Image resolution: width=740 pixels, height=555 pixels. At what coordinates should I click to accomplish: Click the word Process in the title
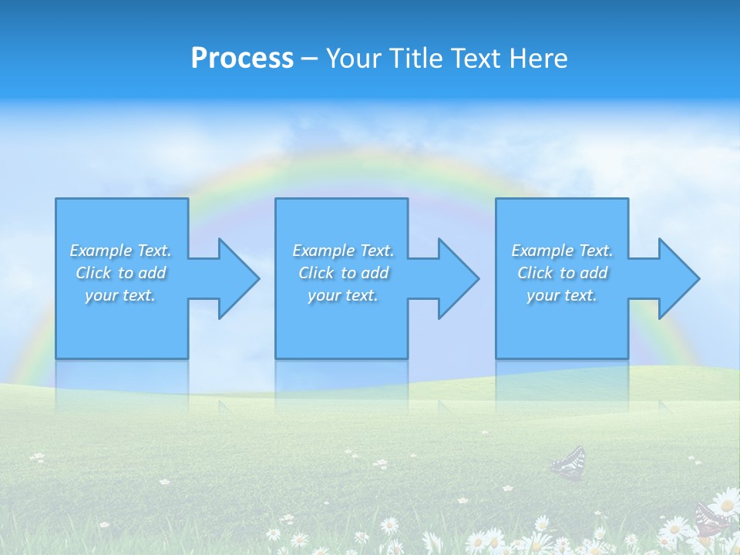point(242,59)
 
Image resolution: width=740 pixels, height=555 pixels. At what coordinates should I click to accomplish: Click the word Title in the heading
point(413,59)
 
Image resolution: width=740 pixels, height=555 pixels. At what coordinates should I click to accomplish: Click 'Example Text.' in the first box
point(120,251)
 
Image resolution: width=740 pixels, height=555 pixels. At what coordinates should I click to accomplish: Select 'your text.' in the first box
point(120,295)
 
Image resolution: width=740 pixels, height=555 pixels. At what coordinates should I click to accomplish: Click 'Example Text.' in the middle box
point(343,251)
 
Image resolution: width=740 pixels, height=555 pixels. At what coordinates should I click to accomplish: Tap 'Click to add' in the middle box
point(343,273)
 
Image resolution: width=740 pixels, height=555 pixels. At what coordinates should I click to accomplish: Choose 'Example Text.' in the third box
point(562,251)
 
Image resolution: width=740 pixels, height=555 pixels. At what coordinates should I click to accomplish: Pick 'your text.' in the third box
point(562,295)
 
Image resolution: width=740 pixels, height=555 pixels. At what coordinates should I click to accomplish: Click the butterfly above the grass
point(569,463)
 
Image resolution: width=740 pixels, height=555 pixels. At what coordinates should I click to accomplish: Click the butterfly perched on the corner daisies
point(711,518)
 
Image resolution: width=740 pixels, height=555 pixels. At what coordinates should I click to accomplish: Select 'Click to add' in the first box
point(120,273)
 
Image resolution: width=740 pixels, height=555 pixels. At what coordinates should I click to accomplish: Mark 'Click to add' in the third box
point(562,273)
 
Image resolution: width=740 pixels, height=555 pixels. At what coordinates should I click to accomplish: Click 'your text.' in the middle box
point(343,295)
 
